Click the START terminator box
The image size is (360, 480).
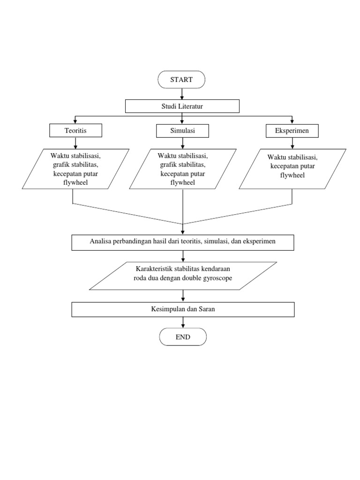[x=182, y=80]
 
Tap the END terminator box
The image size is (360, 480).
[x=182, y=337]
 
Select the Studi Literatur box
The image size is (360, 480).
[x=182, y=106]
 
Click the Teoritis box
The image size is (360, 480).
[x=75, y=130]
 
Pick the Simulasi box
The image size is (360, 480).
[x=182, y=130]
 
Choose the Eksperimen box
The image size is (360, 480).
[x=292, y=130]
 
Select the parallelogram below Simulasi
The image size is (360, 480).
[x=182, y=169]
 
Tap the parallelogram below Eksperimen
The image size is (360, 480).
[x=292, y=169]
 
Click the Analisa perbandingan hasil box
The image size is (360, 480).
[x=182, y=242]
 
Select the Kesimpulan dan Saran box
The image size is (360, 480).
[x=182, y=309]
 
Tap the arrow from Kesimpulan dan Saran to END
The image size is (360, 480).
[x=182, y=322]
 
